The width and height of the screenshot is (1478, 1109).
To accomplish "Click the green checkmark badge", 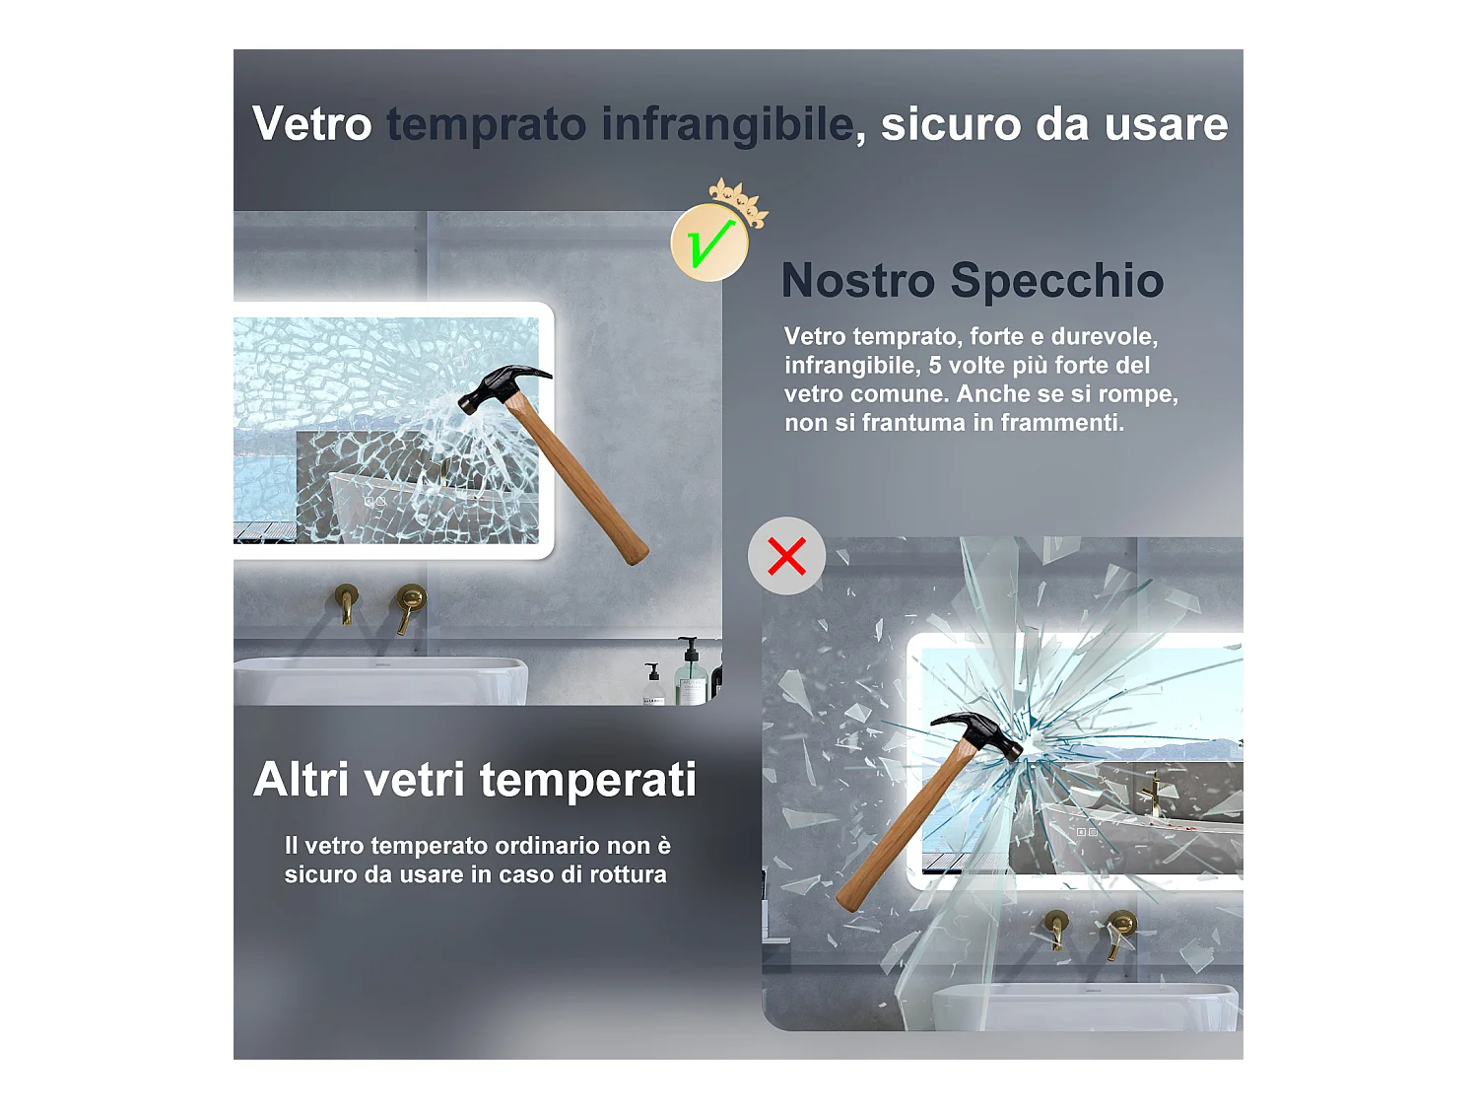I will coord(708,243).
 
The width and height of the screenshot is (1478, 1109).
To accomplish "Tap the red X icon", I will coord(786,556).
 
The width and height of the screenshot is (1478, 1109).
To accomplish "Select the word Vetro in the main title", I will coord(311,124).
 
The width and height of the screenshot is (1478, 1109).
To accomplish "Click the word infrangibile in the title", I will coord(727,124).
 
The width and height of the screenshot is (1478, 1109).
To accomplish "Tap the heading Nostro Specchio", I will coord(972,281).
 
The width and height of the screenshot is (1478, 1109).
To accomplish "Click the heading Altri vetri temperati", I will coord(475,780).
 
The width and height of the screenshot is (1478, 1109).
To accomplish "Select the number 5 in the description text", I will coord(935,366).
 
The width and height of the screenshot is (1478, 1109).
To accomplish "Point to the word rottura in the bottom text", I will coord(628,875).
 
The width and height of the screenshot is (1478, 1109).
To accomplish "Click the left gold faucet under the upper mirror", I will coord(347,601).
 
